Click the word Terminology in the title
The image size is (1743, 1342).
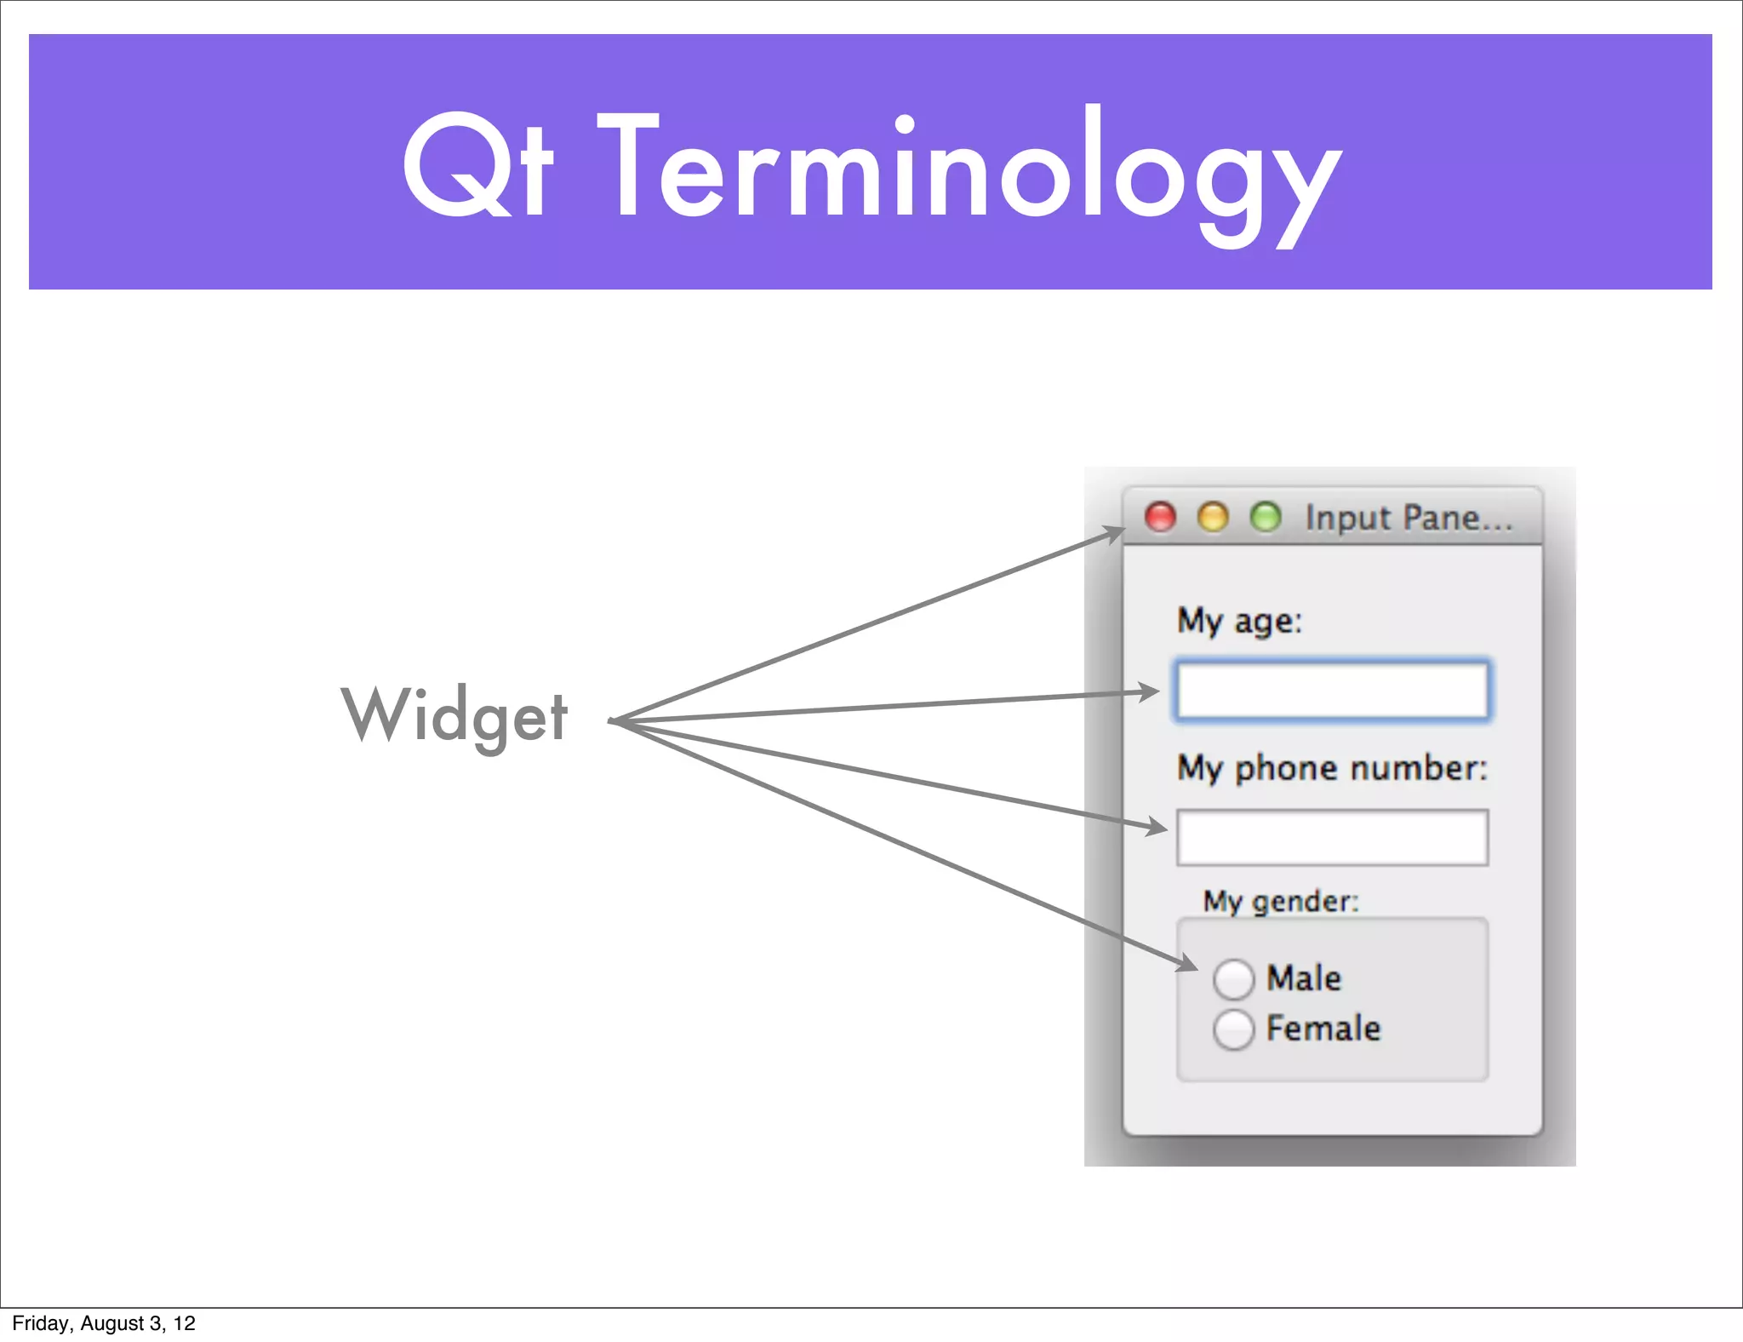click(970, 170)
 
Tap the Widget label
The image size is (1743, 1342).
click(454, 716)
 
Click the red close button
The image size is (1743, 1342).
click(1160, 517)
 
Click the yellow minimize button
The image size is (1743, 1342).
click(1213, 517)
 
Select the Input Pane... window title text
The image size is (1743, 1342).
click(1409, 518)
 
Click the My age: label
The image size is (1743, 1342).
click(1239, 621)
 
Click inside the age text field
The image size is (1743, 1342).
click(1332, 691)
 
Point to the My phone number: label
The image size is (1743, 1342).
click(1332, 768)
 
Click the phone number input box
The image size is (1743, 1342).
click(1332, 838)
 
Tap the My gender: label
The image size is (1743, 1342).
click(1280, 901)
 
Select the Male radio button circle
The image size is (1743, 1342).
click(1233, 978)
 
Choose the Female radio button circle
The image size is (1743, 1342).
click(1233, 1029)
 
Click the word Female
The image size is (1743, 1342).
click(1323, 1029)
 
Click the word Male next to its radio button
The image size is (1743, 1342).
click(1303, 978)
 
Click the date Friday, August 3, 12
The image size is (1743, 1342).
click(104, 1323)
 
